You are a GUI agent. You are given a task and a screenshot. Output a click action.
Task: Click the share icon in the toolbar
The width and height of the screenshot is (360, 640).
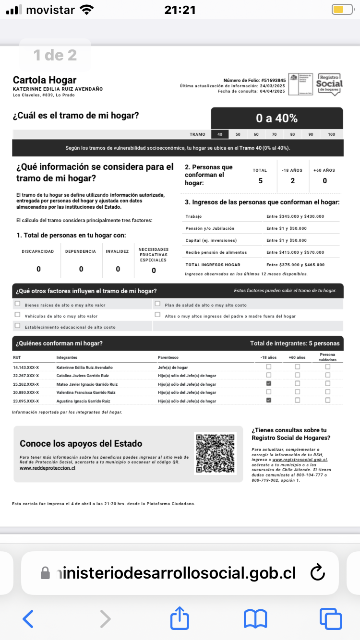click(x=180, y=618)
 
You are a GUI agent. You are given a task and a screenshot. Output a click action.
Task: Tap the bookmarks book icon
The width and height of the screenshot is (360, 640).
click(x=255, y=618)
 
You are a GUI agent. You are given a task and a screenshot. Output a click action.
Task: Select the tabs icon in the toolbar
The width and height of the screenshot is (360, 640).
click(x=331, y=618)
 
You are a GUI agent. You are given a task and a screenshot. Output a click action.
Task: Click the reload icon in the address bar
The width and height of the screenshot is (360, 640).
click(x=318, y=572)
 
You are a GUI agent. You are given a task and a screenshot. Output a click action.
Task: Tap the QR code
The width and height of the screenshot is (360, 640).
click(x=216, y=453)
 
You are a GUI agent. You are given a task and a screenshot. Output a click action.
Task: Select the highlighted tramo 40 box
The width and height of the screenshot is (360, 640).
click(x=220, y=134)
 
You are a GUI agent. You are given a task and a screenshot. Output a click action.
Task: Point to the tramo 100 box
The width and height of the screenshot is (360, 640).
click(x=332, y=134)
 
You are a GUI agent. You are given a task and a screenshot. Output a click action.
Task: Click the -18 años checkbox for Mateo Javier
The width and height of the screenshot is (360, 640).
click(x=269, y=384)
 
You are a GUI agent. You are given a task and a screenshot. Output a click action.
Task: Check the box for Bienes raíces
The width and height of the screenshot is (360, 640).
click(x=18, y=304)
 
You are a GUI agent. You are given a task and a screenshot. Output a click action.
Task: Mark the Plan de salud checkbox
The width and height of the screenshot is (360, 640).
click(x=157, y=304)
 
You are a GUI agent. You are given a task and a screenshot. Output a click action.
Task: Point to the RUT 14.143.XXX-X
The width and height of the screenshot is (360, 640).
click(x=26, y=367)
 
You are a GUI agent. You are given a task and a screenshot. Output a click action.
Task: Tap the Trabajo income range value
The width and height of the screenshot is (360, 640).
click(x=295, y=216)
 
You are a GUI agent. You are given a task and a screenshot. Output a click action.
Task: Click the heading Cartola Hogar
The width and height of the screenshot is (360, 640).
click(x=45, y=80)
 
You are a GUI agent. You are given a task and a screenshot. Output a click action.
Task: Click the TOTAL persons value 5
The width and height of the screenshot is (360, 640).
click(x=260, y=181)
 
